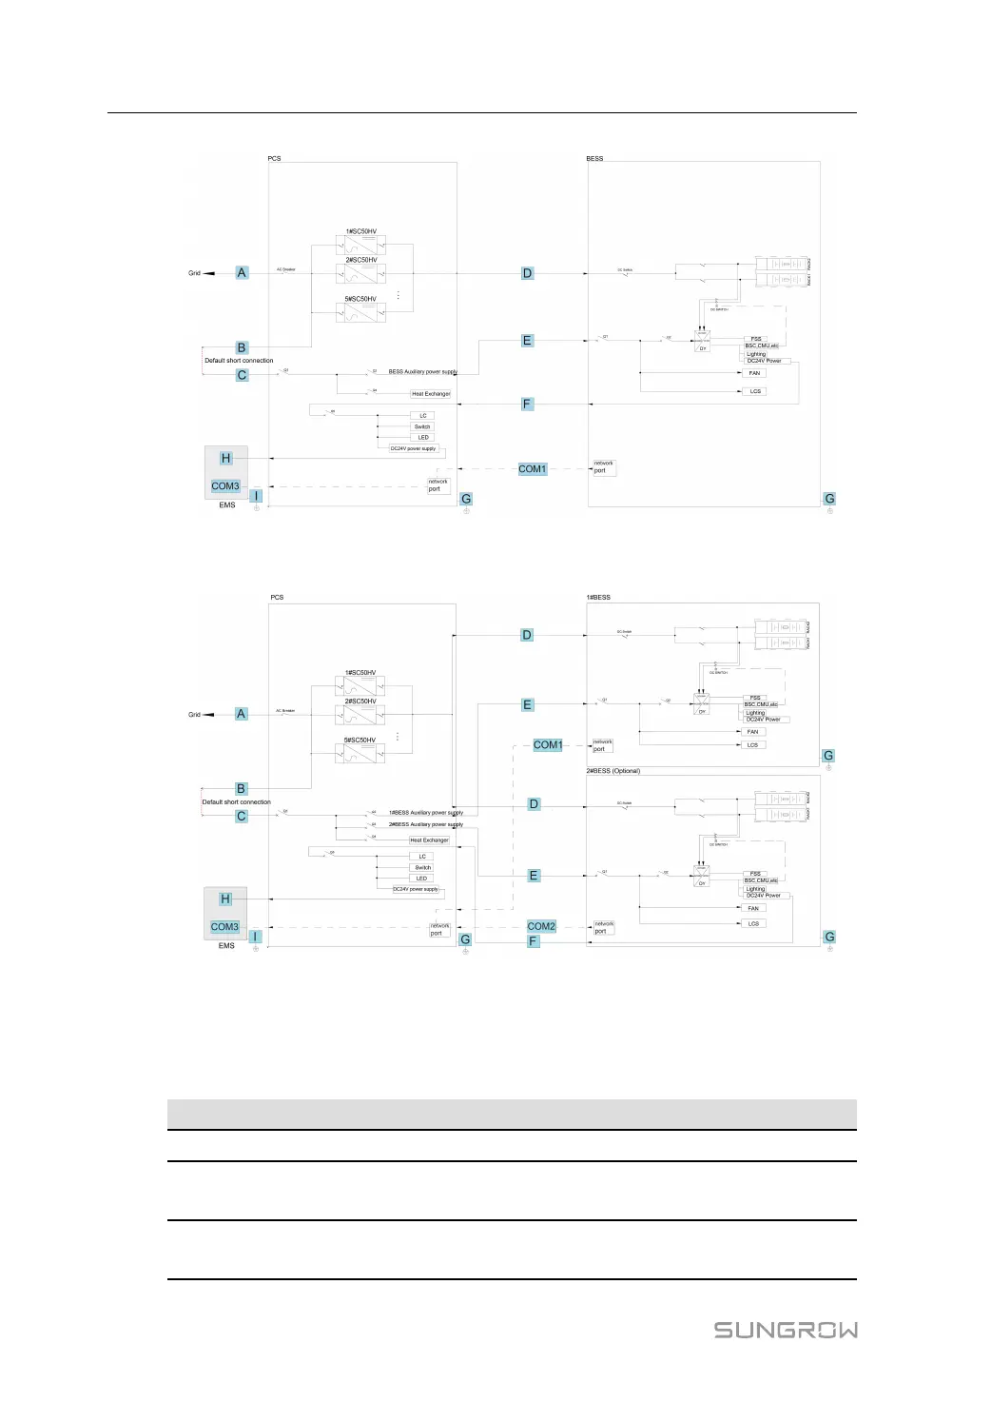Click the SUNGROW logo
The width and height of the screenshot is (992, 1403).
pos(786,1330)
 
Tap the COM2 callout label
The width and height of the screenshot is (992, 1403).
pos(541,926)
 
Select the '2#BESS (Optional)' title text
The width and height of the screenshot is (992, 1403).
pos(613,771)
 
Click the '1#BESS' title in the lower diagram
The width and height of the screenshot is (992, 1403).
pos(599,598)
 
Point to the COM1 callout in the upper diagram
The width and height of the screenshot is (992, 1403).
pos(533,469)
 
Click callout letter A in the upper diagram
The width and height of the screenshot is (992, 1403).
pos(242,273)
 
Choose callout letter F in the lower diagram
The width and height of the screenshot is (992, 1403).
pos(533,941)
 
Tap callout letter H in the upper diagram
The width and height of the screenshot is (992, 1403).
pos(225,459)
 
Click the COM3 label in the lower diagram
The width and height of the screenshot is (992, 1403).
pos(225,927)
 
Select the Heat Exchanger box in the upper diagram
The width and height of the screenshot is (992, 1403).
pos(431,394)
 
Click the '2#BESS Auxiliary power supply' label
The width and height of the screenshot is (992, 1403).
pos(425,825)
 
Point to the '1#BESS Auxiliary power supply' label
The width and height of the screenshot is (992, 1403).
pos(425,813)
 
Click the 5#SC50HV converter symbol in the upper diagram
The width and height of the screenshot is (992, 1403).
pos(360,312)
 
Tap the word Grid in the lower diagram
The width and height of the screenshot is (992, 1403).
pos(194,715)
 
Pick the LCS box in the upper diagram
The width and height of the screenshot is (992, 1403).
pos(755,391)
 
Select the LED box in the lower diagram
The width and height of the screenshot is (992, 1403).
pos(421,879)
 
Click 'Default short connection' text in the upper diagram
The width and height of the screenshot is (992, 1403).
pos(239,361)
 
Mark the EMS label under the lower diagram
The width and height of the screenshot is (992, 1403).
pos(226,946)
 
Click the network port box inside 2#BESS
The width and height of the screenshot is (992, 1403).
pos(604,928)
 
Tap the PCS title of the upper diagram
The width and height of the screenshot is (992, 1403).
pos(274,159)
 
